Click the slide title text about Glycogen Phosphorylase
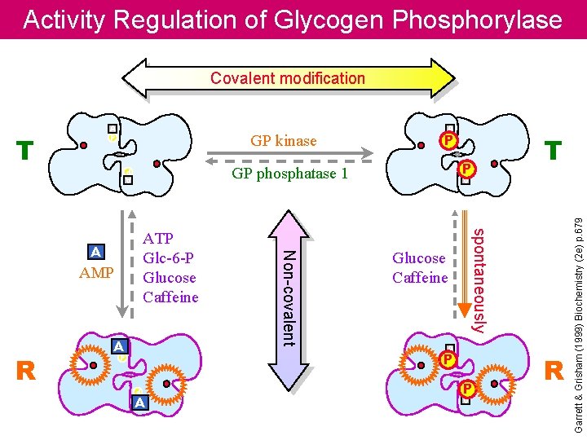[293, 20]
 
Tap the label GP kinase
[284, 141]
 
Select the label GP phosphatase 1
[289, 174]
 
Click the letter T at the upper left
[26, 151]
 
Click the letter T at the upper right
[553, 151]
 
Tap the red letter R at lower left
[26, 372]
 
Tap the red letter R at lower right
[554, 371]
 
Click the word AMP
[96, 273]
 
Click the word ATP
[158, 239]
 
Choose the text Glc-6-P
[168, 257]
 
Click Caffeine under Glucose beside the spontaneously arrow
[420, 278]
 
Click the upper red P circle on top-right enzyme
[446, 139]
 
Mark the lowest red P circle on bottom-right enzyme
[466, 389]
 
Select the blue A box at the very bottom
[139, 403]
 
